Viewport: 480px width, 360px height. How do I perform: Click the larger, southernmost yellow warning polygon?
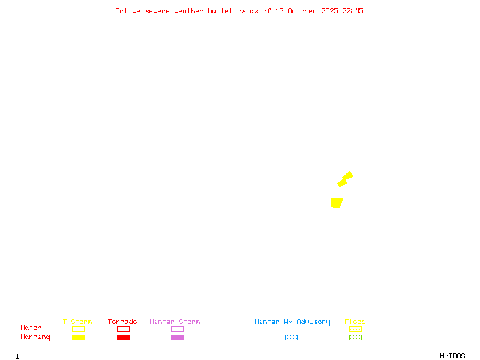pos(337,203)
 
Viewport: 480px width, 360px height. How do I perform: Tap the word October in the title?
pos(302,11)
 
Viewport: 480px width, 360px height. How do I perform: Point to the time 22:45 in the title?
pos(353,11)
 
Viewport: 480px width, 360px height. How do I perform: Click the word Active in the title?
pos(128,11)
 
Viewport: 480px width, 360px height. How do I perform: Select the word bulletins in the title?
pos(227,11)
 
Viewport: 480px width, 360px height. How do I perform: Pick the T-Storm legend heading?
pos(77,322)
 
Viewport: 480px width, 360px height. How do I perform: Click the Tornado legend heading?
pos(122,322)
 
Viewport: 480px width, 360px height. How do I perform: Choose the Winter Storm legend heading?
pos(175,322)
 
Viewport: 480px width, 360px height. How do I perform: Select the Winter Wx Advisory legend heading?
pos(292,322)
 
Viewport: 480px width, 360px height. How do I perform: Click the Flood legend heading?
pos(355,322)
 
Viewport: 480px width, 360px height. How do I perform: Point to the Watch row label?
pos(31,328)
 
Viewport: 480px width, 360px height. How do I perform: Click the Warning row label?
pos(35,337)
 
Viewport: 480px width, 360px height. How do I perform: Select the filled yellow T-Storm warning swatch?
pos(78,338)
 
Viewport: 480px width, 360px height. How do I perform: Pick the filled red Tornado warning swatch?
pos(123,338)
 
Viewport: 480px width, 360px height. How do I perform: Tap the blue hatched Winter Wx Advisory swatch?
pos(291,338)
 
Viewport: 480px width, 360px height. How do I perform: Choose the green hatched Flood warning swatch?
pos(355,338)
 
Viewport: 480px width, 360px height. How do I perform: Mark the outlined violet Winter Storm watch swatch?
pos(177,329)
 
